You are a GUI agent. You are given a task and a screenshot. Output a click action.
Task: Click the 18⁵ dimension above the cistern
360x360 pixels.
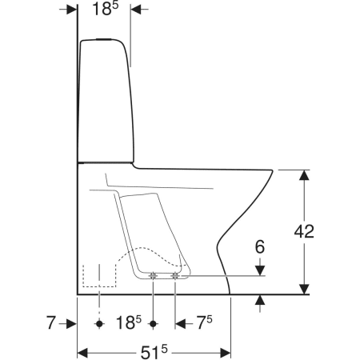point(105,9)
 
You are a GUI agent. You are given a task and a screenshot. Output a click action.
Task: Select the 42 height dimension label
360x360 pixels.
point(304,231)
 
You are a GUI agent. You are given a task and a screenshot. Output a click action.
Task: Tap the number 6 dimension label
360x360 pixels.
point(260,247)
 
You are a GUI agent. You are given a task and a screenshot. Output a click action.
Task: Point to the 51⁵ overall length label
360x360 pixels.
point(154,352)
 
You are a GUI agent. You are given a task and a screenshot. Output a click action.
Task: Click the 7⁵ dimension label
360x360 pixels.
point(204,322)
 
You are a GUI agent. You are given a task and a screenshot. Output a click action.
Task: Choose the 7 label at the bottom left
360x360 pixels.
point(51,322)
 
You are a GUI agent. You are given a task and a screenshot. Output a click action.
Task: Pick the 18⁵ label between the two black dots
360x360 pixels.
point(129,322)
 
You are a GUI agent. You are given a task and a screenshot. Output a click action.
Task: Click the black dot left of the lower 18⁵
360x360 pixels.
point(99,324)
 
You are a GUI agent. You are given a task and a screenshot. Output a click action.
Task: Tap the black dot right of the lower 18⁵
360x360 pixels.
point(153,324)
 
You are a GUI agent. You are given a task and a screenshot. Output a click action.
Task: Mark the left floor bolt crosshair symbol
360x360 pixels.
point(153,276)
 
